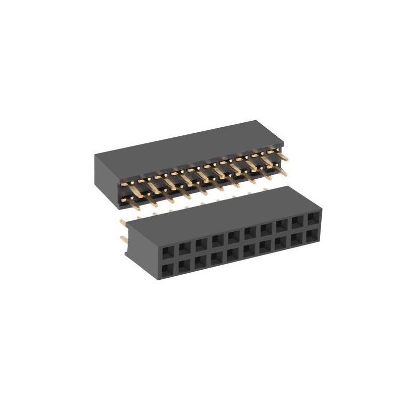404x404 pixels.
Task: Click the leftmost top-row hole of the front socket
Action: coord(168,251)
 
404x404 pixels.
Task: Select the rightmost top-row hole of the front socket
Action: coord(314,219)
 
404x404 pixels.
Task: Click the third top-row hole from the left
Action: coord(201,244)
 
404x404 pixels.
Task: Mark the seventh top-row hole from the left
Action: coord(265,230)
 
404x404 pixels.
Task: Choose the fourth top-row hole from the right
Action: coord(265,230)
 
